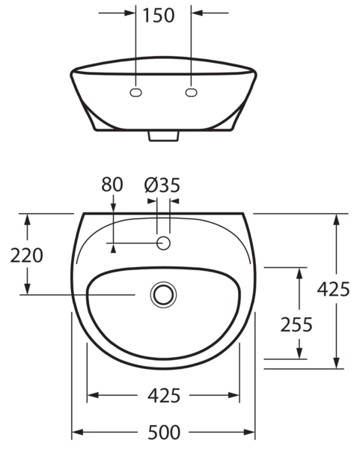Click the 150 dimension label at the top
(x=164, y=14)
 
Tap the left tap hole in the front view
(x=136, y=92)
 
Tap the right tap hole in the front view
(x=192, y=92)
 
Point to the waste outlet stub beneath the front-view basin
(x=164, y=135)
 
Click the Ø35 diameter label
(x=162, y=184)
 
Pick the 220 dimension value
(x=27, y=255)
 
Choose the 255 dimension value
(x=296, y=324)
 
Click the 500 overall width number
(x=164, y=433)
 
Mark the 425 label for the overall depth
(x=334, y=290)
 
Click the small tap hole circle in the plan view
(x=164, y=243)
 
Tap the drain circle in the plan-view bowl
(x=163, y=293)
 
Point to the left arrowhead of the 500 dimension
(x=78, y=433)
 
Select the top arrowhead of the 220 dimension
(x=28, y=219)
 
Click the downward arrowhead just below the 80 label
(x=113, y=203)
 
